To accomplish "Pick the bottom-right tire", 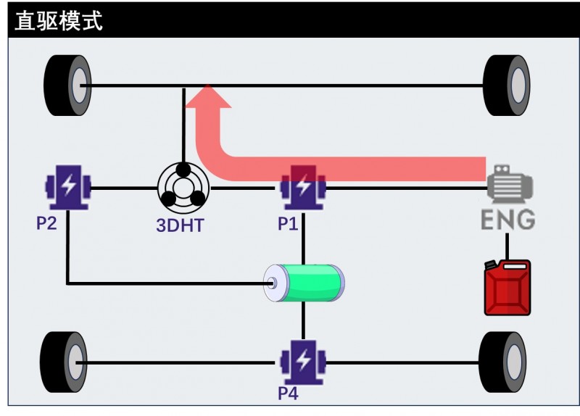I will (502, 362).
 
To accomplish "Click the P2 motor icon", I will (67, 188).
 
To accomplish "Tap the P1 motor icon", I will (303, 188).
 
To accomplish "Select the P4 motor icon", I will (303, 362).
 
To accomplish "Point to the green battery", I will (304, 283).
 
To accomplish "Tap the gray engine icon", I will (510, 183).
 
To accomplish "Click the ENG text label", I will (508, 219).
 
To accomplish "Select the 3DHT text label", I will (180, 225).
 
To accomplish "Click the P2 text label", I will (46, 223).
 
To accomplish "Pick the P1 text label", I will (288, 224).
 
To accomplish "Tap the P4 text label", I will (288, 394).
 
